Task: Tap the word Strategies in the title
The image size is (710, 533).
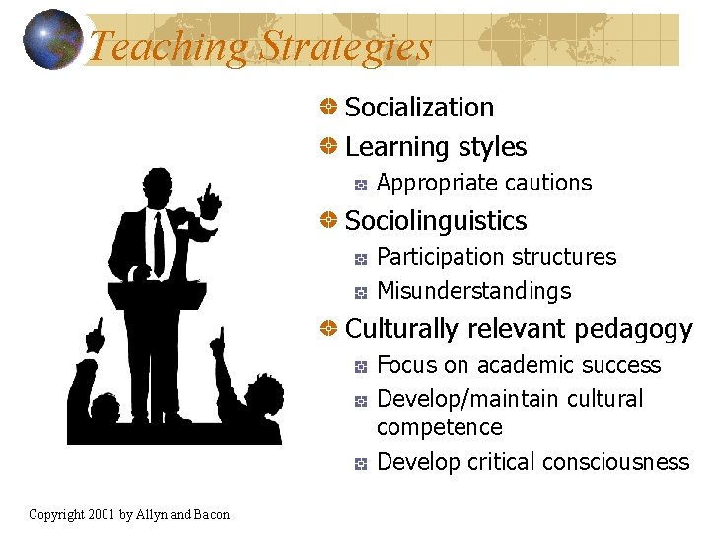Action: (345, 46)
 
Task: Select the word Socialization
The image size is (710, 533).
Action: (419, 107)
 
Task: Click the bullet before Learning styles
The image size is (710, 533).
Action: (331, 147)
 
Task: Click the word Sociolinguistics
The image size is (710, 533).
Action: (436, 221)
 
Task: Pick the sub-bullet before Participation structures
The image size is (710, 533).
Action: (362, 258)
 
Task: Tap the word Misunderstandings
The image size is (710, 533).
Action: (474, 291)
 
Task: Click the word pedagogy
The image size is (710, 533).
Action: (634, 329)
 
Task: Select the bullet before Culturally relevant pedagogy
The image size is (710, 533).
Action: (331, 328)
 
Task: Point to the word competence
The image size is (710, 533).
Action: (440, 427)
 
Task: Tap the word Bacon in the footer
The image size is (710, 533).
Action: (210, 514)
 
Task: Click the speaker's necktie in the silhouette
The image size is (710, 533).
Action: (159, 243)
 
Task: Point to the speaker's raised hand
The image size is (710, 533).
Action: (208, 202)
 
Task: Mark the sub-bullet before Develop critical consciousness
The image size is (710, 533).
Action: (362, 462)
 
